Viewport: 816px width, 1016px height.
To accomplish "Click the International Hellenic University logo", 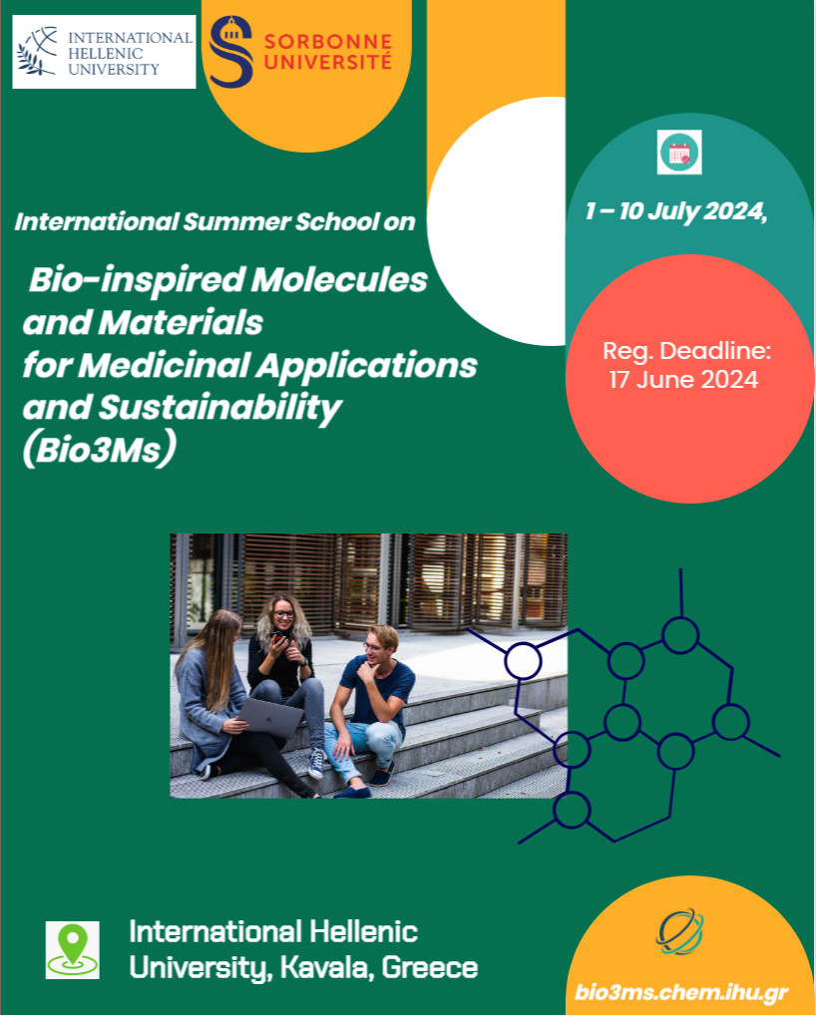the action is [x=104, y=52].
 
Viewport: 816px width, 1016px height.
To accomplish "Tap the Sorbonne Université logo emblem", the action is [x=231, y=52].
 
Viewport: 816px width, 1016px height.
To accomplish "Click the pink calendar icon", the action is [x=679, y=153].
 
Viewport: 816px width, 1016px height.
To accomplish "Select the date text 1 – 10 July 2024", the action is [x=676, y=211].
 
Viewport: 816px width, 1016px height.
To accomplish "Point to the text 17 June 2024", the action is [x=683, y=380].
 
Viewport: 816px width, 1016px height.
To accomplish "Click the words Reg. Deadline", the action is [x=685, y=351].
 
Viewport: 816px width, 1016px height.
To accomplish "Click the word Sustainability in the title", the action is [x=219, y=407].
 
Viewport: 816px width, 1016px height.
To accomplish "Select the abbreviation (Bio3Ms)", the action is [x=99, y=450].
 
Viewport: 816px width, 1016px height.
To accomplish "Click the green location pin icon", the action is [x=73, y=949].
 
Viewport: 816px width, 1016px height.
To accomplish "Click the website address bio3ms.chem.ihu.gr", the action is [x=681, y=993].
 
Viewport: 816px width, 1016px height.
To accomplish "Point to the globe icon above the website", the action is [x=679, y=932].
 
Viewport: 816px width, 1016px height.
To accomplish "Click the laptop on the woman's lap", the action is [x=269, y=717].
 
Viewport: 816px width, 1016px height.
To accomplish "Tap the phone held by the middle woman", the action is [x=278, y=637].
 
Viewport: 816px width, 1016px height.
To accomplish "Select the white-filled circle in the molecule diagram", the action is [x=523, y=661].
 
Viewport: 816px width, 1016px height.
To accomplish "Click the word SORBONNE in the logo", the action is [x=328, y=42].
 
